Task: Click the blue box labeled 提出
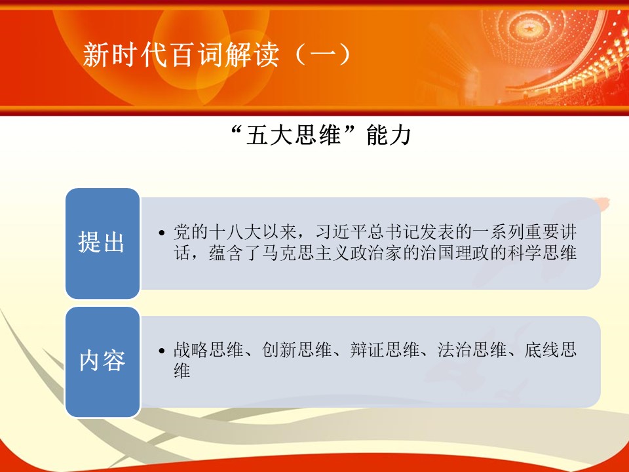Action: [103, 243]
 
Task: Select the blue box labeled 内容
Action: [103, 362]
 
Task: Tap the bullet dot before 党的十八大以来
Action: [162, 233]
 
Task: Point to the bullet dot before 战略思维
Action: [162, 351]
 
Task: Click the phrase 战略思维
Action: [208, 350]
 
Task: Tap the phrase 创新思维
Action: [296, 350]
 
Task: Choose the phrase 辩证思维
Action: [385, 350]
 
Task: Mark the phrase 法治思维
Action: [472, 350]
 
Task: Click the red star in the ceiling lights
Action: [530, 28]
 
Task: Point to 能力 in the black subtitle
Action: [389, 135]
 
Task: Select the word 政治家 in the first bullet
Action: [377, 253]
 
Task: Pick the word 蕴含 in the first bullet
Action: [226, 253]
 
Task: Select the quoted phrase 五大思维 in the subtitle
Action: [294, 135]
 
